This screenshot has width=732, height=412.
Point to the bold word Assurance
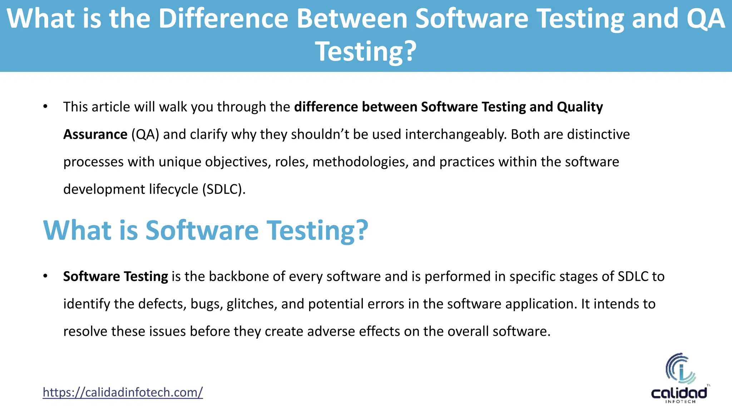(x=95, y=134)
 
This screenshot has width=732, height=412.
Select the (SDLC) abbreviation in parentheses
(x=224, y=189)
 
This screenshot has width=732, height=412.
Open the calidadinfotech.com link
(x=123, y=392)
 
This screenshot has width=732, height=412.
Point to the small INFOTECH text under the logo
(x=680, y=402)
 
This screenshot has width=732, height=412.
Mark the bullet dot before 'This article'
(x=45, y=107)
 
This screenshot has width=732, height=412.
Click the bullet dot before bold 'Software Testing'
(x=45, y=276)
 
